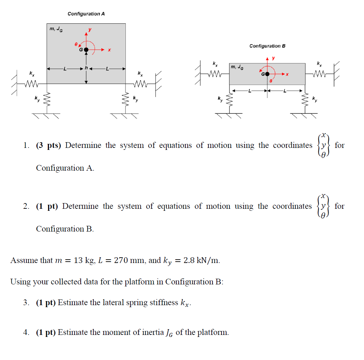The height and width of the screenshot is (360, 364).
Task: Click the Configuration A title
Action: [86, 14]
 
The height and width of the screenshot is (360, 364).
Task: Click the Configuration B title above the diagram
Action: [267, 46]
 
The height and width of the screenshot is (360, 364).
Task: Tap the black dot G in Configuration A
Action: [86, 50]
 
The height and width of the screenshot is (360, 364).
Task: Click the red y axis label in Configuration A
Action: [89, 30]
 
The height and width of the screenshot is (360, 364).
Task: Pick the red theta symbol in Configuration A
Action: [76, 44]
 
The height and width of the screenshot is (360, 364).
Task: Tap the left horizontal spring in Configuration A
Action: [32, 84]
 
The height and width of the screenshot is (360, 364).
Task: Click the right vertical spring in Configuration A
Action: [126, 99]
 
